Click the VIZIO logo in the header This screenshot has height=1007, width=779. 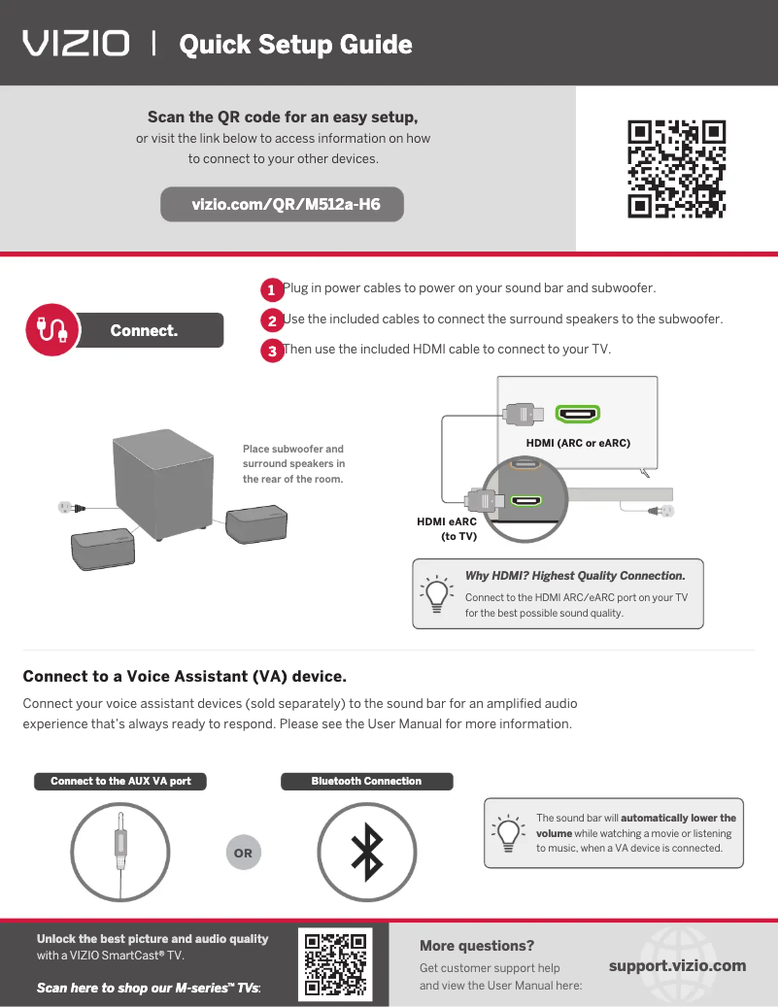[x=76, y=44]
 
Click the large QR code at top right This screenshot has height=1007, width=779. [x=677, y=168]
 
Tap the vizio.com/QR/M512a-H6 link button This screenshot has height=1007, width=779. [x=283, y=205]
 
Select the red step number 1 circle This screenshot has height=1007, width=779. [x=273, y=290]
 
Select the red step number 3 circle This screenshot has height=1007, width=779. [x=273, y=351]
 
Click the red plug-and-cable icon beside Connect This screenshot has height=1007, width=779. [x=51, y=329]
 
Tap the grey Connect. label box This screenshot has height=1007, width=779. [x=146, y=330]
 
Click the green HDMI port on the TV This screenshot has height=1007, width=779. [x=577, y=415]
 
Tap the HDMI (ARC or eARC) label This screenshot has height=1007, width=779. [x=578, y=443]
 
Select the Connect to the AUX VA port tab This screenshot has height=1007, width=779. [x=120, y=781]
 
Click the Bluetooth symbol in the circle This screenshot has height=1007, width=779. [x=366, y=853]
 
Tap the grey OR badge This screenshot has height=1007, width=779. [x=243, y=854]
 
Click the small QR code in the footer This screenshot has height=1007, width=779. [x=334, y=965]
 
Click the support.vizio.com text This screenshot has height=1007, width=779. [x=677, y=965]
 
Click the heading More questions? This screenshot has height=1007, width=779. [x=477, y=946]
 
